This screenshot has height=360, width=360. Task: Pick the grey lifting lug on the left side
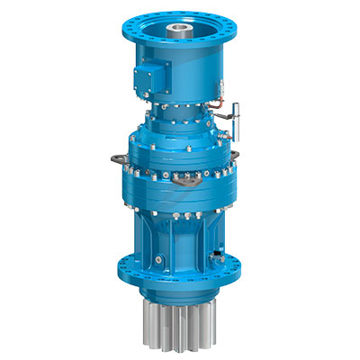coord(113,159)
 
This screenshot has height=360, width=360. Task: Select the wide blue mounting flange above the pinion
coord(180,270)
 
